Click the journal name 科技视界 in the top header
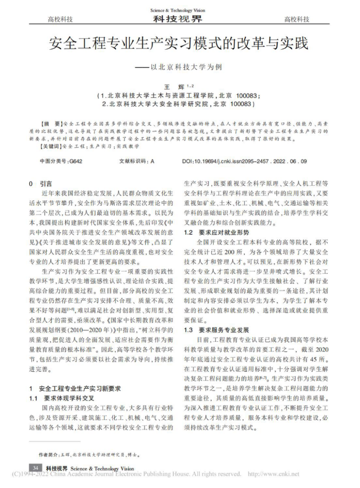pos(178,20)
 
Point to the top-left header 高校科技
pos(60,20)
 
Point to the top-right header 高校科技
pos(297,20)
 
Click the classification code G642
pos(76,162)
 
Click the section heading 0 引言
pos(40,184)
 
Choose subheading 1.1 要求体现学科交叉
pos(62,398)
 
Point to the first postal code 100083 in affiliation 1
pos(231,96)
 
